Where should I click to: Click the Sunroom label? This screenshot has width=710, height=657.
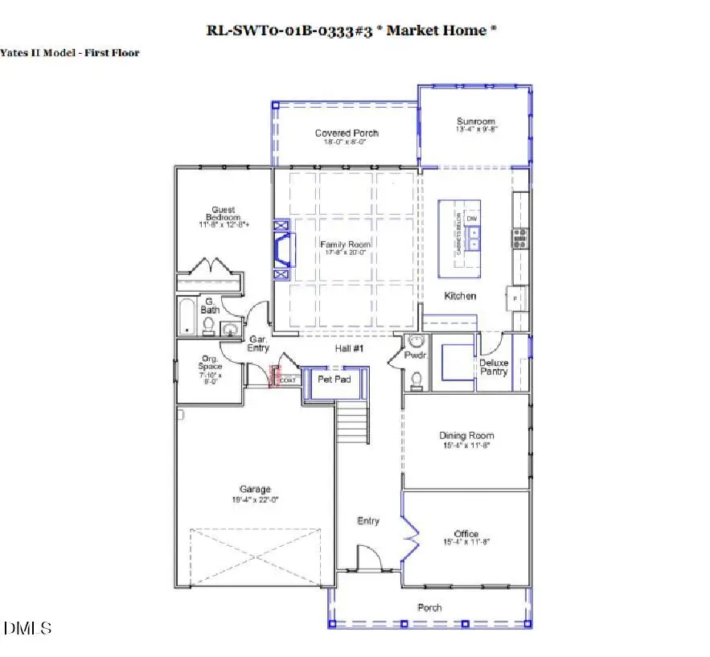pyautogui.click(x=477, y=121)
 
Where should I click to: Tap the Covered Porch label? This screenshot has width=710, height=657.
pyautogui.click(x=347, y=133)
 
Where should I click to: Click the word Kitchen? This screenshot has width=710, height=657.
pyautogui.click(x=460, y=296)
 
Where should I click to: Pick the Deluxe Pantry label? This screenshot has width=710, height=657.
pyautogui.click(x=494, y=367)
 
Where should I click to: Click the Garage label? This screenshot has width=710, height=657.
pyautogui.click(x=255, y=489)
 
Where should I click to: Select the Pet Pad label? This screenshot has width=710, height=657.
pyautogui.click(x=334, y=378)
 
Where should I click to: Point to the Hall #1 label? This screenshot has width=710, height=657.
pyautogui.click(x=350, y=348)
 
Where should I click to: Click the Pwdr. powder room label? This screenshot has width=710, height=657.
pyautogui.click(x=416, y=354)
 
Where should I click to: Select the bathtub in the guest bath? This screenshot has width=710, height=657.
pyautogui.click(x=187, y=316)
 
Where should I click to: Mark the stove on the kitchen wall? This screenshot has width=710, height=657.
pyautogui.click(x=520, y=236)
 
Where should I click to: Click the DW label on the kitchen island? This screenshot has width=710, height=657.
pyautogui.click(x=472, y=219)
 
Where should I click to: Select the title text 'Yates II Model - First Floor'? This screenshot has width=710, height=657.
pyautogui.click(x=70, y=53)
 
